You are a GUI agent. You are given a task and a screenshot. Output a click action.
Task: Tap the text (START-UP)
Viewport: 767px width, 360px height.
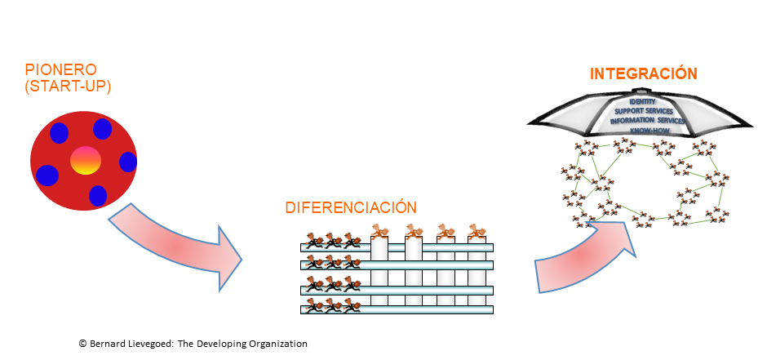pos(68,85)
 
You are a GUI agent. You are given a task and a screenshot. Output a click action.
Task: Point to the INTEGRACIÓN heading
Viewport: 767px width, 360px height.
pos(643,74)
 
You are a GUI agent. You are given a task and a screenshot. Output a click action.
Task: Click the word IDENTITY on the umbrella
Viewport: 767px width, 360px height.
pos(643,100)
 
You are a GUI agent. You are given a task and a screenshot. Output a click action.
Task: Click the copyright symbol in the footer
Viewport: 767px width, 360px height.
pos(82,344)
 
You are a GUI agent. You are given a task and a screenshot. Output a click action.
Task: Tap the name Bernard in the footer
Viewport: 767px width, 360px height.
pos(109,344)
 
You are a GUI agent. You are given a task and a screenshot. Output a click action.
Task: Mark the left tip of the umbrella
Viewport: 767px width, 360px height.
pos(529,123)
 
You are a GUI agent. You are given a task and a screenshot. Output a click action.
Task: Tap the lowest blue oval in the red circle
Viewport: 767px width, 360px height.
pos(98,196)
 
